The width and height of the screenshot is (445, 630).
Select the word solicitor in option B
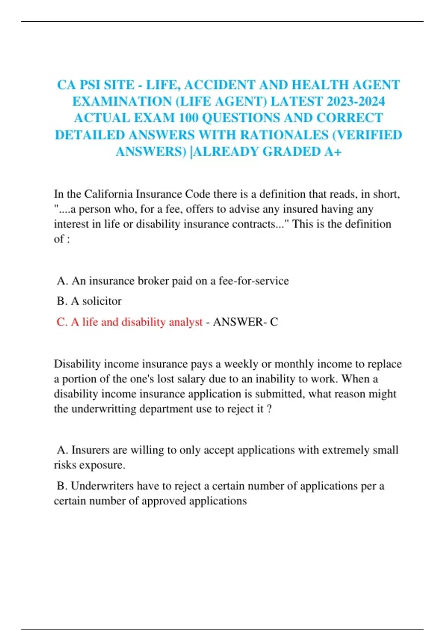click(102, 301)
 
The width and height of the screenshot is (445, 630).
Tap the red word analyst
click(185, 322)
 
